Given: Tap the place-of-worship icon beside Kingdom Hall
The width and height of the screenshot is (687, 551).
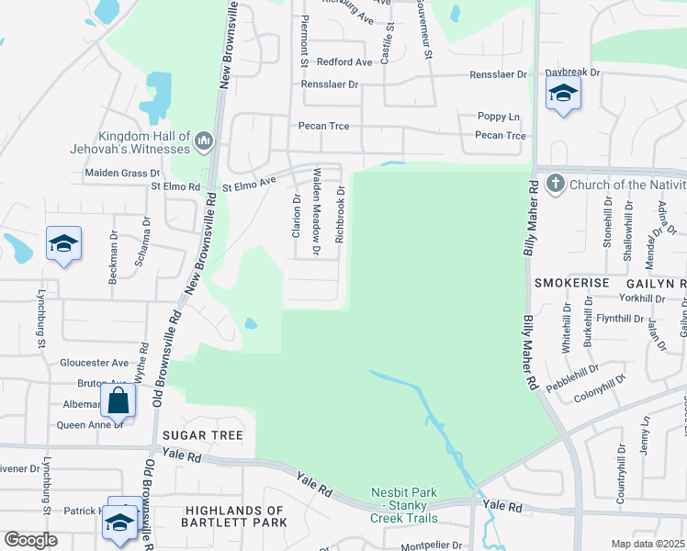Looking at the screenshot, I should (x=203, y=142).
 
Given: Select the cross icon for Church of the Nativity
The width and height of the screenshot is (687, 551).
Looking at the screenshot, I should (x=554, y=185).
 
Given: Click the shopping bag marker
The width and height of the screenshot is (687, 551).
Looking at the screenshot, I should (x=118, y=400).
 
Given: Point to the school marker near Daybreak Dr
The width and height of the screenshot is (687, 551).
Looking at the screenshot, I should (x=562, y=94).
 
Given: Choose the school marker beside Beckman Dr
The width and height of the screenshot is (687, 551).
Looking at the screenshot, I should (x=63, y=243).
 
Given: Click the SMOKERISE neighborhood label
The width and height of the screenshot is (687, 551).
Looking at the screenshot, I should (x=571, y=284).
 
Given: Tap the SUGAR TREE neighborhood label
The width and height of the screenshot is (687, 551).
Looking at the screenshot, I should (x=202, y=435).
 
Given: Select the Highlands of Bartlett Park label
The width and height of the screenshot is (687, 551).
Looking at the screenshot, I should (x=235, y=516).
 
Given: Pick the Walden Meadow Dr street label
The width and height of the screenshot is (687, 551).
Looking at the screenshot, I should (x=317, y=210).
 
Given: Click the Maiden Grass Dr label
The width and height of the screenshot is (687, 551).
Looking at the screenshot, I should (x=122, y=173).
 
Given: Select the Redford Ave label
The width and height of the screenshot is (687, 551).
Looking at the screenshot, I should (x=344, y=62).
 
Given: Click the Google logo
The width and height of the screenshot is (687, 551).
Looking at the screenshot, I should (x=30, y=540).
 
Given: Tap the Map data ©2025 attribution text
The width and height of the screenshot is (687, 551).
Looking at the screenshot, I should (x=647, y=544).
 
